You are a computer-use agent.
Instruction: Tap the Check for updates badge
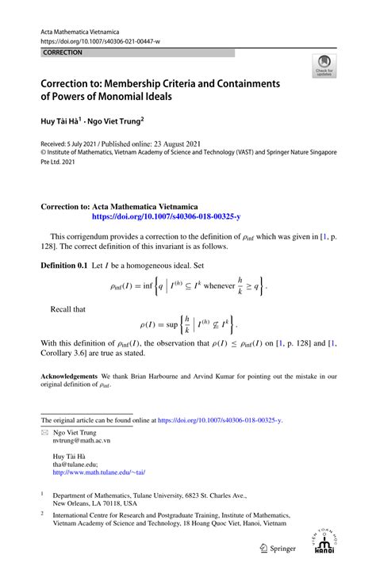[x=324, y=67]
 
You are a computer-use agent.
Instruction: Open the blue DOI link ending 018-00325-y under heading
[x=166, y=215]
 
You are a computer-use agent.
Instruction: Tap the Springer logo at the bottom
[x=275, y=548]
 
